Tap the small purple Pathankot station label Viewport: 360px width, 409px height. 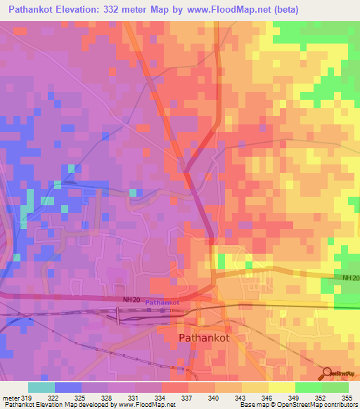(x=162, y=303)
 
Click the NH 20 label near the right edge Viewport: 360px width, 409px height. (x=351, y=278)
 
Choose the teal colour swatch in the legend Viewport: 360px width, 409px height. (x=41, y=387)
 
